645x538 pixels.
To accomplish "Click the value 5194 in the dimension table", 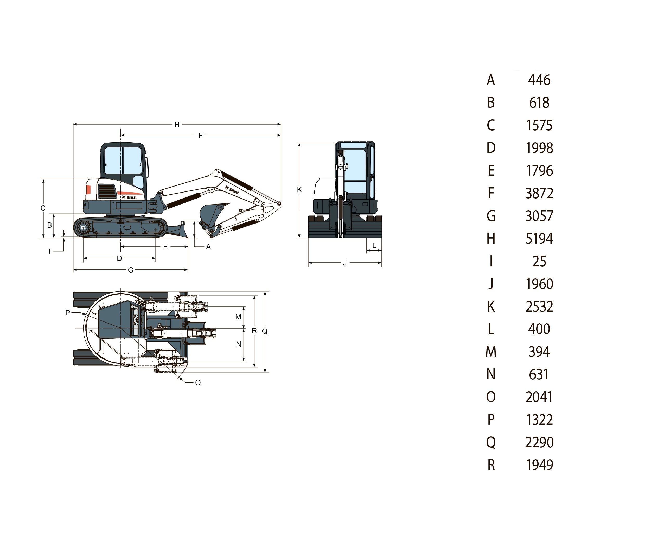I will (539, 239).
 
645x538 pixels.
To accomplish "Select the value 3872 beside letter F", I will (539, 194).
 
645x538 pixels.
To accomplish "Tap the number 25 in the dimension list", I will (539, 262).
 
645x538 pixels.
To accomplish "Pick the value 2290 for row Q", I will (539, 442).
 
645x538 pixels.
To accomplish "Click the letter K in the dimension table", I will (491, 307).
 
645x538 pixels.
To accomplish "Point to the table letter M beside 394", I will (491, 352).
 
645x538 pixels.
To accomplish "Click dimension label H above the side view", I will (177, 125).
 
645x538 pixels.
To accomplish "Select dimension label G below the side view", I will (131, 270).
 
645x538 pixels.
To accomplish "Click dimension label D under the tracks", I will (119, 258).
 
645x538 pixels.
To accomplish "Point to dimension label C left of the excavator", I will (43, 208).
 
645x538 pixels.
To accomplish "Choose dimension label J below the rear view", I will (345, 263).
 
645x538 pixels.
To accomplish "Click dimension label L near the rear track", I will (374, 245).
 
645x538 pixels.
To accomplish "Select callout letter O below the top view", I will (198, 383).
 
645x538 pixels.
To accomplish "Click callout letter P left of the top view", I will (68, 313).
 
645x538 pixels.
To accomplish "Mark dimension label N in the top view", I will (238, 344).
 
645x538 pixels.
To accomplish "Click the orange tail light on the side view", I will (88, 190).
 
